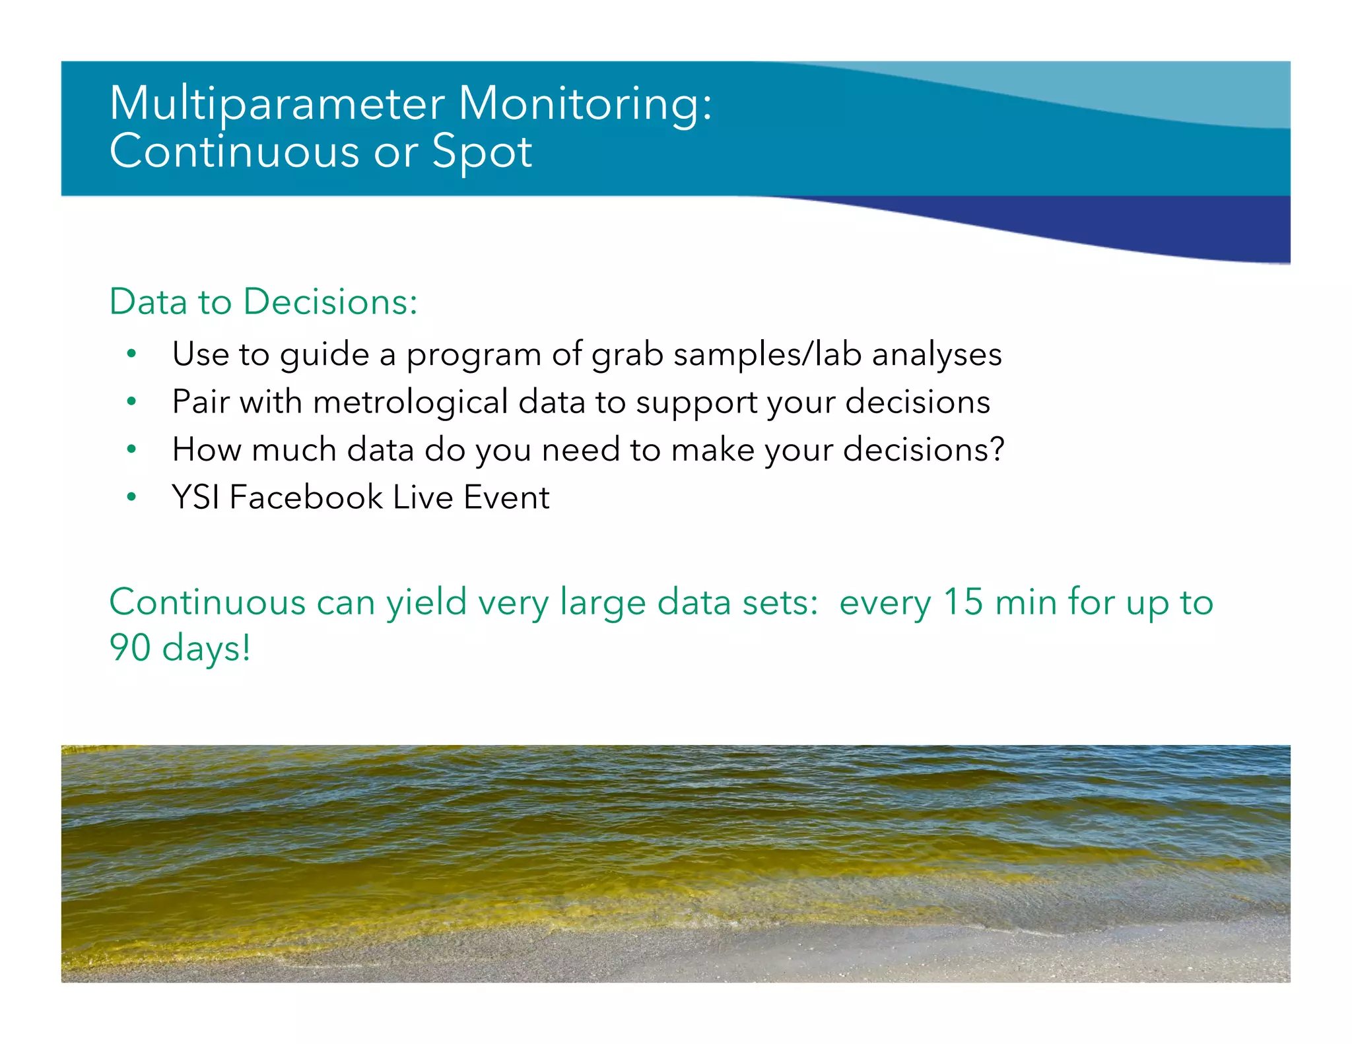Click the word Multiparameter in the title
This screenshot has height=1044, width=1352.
277,104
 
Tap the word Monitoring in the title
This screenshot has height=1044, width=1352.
584,104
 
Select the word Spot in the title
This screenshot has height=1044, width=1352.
482,152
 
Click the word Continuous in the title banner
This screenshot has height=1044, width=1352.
234,152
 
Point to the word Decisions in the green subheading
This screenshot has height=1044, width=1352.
329,302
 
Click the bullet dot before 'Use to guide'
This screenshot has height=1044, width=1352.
132,354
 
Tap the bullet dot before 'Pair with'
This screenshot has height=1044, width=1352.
132,401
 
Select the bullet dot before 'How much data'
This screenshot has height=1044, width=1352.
132,449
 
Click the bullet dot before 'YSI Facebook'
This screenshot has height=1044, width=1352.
132,497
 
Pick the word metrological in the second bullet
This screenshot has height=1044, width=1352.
410,402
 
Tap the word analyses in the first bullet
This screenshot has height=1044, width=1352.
937,354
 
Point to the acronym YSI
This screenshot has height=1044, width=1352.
195,497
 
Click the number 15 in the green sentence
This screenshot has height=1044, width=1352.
963,602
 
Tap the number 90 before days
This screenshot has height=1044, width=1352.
130,647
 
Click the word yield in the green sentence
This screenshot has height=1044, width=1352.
426,602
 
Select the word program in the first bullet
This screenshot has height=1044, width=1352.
473,354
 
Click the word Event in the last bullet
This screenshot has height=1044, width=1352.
506,497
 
